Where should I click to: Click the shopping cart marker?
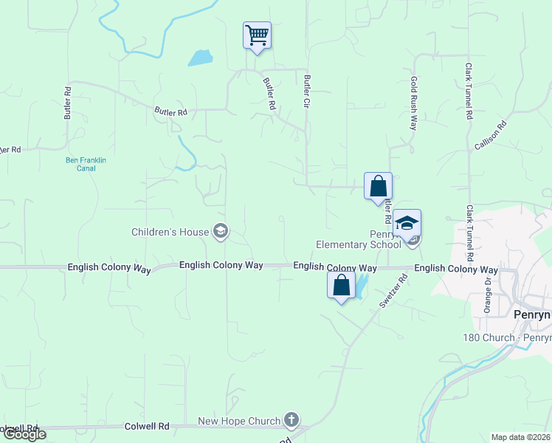tap(257, 35)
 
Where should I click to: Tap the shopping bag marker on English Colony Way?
tap(341, 285)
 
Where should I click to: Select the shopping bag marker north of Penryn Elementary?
tap(378, 186)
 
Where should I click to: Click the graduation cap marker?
tap(407, 223)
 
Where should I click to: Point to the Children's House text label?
tap(170, 232)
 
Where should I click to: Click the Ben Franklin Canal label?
tap(80, 163)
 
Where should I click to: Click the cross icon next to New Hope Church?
tap(291, 421)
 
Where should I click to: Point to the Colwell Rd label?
tap(148, 426)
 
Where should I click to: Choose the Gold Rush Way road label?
tap(414, 103)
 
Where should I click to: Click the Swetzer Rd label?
tap(393, 293)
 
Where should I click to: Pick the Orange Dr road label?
tap(488, 295)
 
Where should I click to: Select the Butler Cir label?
tap(307, 92)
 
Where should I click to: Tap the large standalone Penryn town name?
tap(532, 315)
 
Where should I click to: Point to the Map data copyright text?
tap(520, 437)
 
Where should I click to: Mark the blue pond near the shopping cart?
tap(200, 58)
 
